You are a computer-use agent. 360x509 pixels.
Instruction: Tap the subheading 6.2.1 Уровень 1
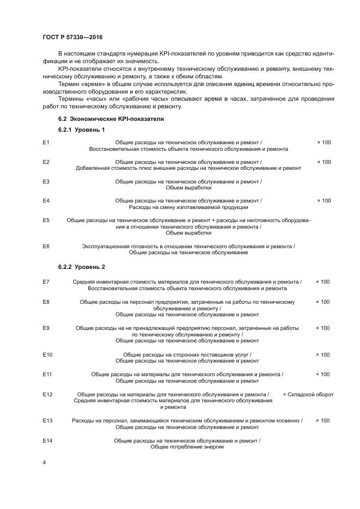(81, 130)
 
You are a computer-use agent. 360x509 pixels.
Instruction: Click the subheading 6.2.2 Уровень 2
(81, 267)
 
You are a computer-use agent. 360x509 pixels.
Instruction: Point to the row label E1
(46, 142)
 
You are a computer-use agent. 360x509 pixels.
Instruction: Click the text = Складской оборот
(308, 394)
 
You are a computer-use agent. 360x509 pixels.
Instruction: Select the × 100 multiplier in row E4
(324, 201)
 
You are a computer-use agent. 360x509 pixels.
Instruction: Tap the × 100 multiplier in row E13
(322, 420)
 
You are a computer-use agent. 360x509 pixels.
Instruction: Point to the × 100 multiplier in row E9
(322, 328)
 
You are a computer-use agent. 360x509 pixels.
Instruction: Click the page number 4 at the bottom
(44, 462)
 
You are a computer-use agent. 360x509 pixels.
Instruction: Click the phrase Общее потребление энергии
(187, 446)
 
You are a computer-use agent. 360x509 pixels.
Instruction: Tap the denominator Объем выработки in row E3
(188, 187)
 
